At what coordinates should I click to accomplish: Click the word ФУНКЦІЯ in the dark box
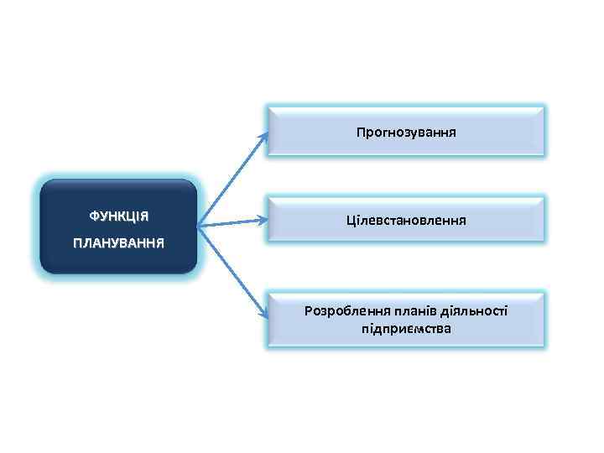[119, 216]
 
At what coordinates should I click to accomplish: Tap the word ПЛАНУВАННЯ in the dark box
[119, 242]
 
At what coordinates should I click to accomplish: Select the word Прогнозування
[406, 132]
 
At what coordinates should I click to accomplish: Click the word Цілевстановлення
[406, 221]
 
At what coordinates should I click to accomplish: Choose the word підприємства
[406, 329]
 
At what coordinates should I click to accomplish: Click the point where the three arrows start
[199, 225]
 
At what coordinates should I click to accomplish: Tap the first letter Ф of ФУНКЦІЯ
[94, 216]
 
